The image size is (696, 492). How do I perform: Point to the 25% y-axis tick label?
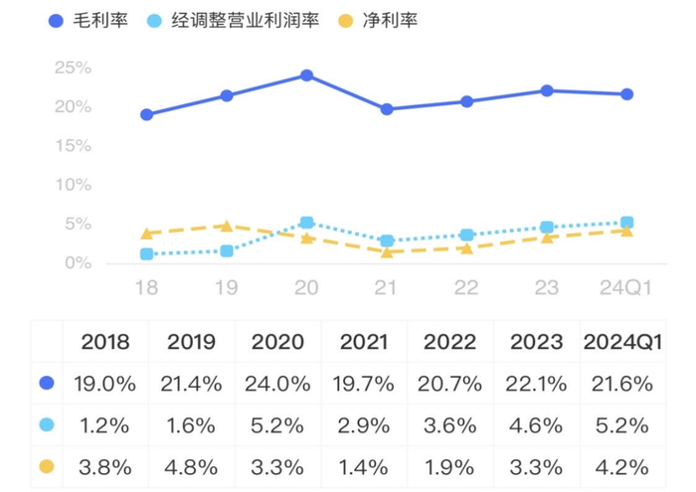click(74, 68)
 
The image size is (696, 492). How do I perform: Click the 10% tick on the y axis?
click(74, 185)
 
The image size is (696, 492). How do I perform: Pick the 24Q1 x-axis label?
click(626, 287)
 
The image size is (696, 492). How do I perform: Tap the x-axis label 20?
click(306, 287)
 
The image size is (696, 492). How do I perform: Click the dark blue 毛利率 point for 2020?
click(306, 76)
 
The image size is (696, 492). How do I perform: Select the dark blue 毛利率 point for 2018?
click(147, 114)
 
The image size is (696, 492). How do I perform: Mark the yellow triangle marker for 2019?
click(227, 226)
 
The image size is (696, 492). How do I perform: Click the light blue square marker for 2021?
click(387, 241)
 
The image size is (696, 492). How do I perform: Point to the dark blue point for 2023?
click(547, 90)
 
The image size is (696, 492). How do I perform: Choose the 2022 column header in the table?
click(449, 342)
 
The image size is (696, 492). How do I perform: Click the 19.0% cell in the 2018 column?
click(105, 384)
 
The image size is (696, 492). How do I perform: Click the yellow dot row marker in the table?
click(45, 466)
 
